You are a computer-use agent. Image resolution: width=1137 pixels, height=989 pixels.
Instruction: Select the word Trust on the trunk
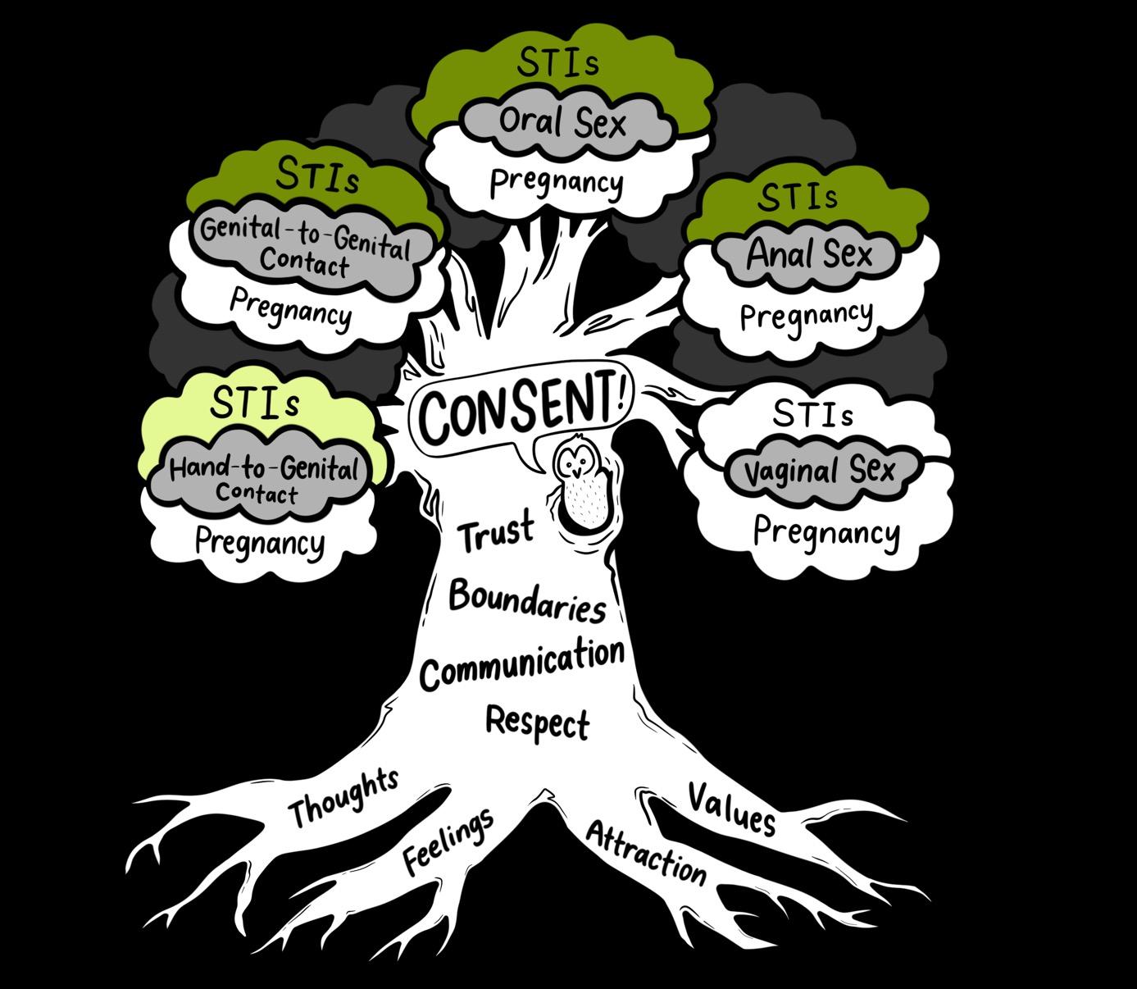click(x=496, y=532)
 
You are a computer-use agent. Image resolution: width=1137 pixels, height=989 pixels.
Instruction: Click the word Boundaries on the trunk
click(x=528, y=600)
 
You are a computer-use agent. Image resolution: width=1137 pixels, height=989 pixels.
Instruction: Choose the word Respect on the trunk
click(x=538, y=722)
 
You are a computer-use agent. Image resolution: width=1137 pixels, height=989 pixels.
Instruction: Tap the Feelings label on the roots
click(x=448, y=840)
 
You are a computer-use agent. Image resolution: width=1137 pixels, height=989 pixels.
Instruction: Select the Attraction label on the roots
click(x=646, y=853)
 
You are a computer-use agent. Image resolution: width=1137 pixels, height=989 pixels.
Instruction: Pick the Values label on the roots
click(x=731, y=808)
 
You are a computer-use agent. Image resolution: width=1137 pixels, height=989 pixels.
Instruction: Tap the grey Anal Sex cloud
click(x=809, y=254)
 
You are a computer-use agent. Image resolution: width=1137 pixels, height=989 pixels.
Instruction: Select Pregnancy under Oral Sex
click(x=557, y=182)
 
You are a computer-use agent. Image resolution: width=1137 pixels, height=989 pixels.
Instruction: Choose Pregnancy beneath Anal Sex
click(x=806, y=316)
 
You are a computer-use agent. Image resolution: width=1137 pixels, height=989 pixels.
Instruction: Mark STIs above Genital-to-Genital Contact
click(x=317, y=175)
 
